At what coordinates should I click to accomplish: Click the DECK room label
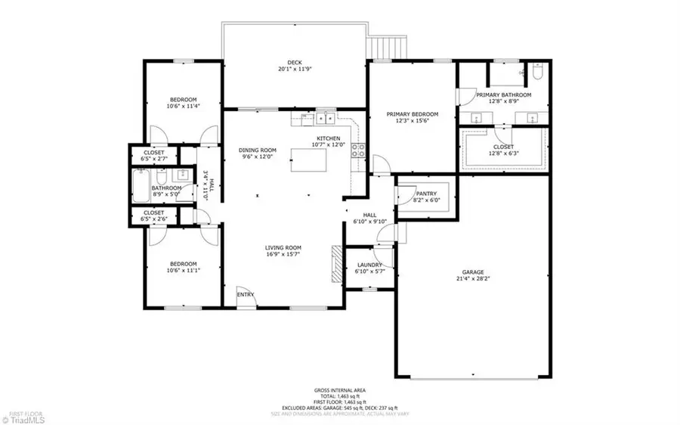pos(294,62)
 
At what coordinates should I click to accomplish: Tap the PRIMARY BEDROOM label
pos(412,115)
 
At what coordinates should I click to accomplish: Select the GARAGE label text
pos(473,272)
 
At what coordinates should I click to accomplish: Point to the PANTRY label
pos(425,194)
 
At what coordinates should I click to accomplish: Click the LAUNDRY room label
pos(370,265)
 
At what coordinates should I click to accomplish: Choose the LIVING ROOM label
pos(283,248)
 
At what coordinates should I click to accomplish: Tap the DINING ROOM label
pos(256,150)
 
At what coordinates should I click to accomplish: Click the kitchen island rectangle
pos(313,160)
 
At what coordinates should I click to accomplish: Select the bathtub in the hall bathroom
pos(141,187)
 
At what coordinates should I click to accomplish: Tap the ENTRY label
pos(245,295)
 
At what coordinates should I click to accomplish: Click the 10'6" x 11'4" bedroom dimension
pos(183,107)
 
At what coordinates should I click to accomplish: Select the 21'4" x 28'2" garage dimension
pos(473,279)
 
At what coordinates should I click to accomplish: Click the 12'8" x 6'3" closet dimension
pos(503,154)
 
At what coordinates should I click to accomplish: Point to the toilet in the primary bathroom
pos(537,74)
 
